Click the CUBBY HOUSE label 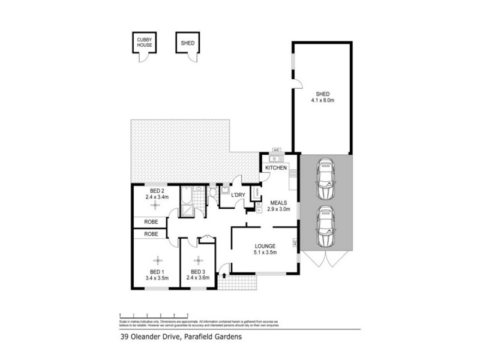143,43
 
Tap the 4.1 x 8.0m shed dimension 323,100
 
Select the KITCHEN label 276,168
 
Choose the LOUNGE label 265,246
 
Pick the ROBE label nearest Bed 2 151,221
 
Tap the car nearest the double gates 325,227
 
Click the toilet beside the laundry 213,193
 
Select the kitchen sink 277,158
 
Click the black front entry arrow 224,275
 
